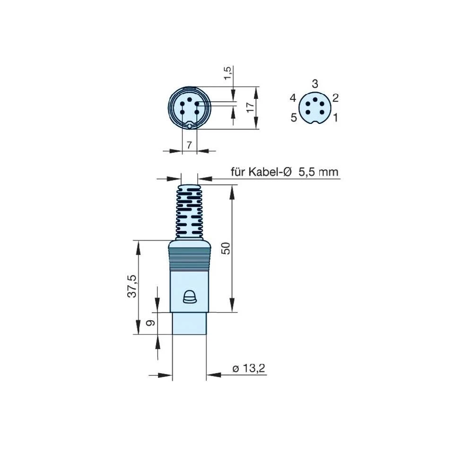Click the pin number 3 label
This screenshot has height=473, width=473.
315,83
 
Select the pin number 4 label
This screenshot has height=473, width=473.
293,98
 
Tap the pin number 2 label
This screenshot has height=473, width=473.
335,98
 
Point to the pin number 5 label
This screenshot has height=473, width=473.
294,117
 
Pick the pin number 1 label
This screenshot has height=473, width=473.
335,117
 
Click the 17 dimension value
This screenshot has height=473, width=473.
251,107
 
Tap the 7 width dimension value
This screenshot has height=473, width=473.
189,145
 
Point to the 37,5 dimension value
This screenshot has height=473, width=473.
132,286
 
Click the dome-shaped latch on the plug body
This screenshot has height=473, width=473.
189,297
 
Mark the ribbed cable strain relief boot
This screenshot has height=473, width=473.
189,211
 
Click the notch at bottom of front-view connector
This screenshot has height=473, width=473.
189,126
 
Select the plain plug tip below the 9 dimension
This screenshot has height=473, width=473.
189,324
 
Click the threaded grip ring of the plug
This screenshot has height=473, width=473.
189,259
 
